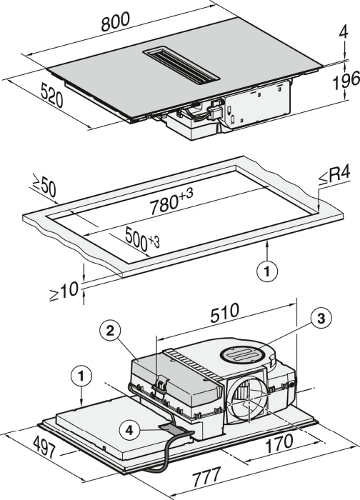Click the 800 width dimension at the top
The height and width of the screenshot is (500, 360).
(x=116, y=22)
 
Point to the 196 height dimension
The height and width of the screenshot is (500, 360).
(x=346, y=80)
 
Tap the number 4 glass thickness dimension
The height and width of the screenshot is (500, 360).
(x=344, y=32)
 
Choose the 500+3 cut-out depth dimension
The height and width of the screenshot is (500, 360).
(x=142, y=238)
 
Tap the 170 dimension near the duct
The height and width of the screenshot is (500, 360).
(x=279, y=444)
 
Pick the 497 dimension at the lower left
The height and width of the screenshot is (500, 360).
(x=45, y=446)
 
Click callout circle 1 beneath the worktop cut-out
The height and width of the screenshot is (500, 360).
(x=267, y=271)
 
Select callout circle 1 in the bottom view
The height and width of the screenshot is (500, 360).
(x=81, y=376)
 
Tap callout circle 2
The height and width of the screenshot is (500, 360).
(x=110, y=331)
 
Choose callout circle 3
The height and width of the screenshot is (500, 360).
(x=321, y=318)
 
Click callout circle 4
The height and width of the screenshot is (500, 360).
(x=129, y=431)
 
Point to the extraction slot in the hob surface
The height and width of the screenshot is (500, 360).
(x=181, y=66)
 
